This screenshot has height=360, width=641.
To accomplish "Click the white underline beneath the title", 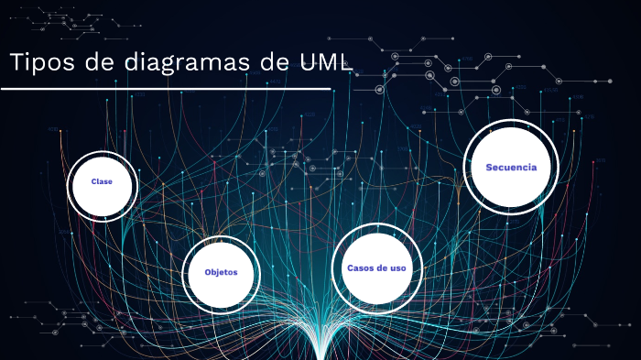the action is tap(166, 89).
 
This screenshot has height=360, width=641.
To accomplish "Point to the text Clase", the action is tap(102, 182).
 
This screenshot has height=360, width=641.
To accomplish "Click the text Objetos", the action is tap(221, 273).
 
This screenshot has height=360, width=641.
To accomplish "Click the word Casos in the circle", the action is tap(360, 268).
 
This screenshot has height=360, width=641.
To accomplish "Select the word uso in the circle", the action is tap(397, 268).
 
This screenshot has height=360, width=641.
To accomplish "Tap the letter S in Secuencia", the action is tap(490, 168).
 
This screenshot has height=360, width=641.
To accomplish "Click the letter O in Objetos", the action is tap(208, 273).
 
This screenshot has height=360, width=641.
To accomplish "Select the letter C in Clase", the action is tap(93, 182).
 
